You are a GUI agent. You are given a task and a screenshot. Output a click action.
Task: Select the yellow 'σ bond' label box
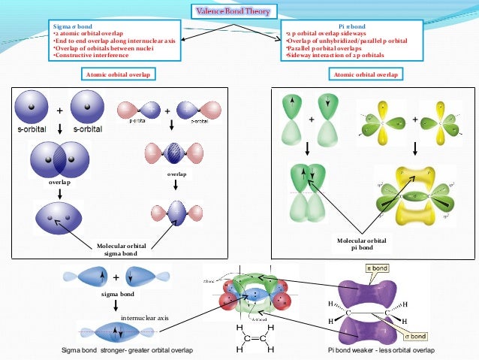click(416, 336)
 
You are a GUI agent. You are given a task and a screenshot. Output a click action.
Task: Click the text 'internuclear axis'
click(145, 318)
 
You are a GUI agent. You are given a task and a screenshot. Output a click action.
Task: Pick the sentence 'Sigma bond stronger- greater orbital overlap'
click(127, 351)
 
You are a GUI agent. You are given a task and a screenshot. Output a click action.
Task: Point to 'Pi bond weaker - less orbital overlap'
click(378, 351)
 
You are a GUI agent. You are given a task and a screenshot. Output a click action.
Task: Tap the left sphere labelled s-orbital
click(32, 108)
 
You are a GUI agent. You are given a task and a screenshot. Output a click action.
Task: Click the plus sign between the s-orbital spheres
click(59, 110)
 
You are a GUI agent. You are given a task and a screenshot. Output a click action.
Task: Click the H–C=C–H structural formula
click(254, 339)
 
